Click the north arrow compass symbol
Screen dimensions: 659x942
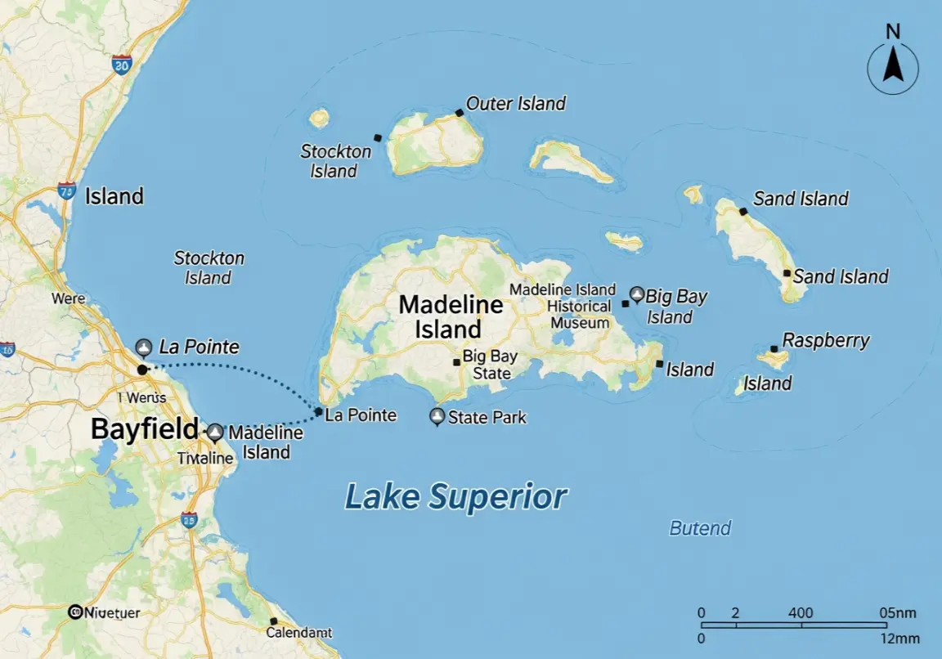pyautogui.click(x=893, y=69)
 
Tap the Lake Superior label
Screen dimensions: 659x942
pyautogui.click(x=455, y=496)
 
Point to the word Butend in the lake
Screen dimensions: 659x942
pyautogui.click(x=700, y=528)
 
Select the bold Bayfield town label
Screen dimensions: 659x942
pyautogui.click(x=144, y=429)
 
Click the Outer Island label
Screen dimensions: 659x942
pyautogui.click(x=516, y=104)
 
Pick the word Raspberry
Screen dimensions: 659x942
pyautogui.click(x=826, y=340)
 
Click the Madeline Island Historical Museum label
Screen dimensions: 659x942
pyautogui.click(x=563, y=306)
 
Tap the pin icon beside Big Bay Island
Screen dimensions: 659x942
pyautogui.click(x=636, y=294)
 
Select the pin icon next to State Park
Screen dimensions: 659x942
pyautogui.click(x=437, y=417)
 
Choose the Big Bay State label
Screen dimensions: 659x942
pyautogui.click(x=487, y=365)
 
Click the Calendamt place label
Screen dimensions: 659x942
pyautogui.click(x=299, y=633)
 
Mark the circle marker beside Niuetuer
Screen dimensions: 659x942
pyautogui.click(x=75, y=612)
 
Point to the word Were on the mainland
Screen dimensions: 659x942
pyautogui.click(x=68, y=298)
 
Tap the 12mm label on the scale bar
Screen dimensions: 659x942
pyautogui.click(x=901, y=639)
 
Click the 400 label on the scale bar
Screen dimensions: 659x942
pyautogui.click(x=801, y=613)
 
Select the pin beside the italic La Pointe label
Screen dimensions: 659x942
pyautogui.click(x=144, y=347)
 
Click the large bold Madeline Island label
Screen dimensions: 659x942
pyautogui.click(x=451, y=317)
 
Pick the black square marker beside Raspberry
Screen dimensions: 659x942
pyautogui.click(x=774, y=349)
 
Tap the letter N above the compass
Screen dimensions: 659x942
pyautogui.click(x=893, y=32)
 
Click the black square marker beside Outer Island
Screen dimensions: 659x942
pyautogui.click(x=460, y=113)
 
